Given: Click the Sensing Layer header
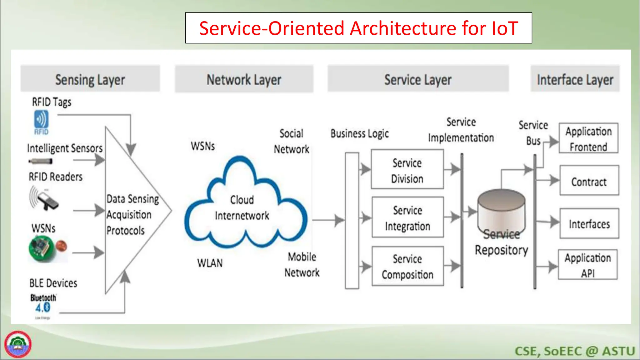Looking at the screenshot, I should pyautogui.click(x=90, y=79).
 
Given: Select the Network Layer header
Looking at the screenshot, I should pyautogui.click(x=244, y=79).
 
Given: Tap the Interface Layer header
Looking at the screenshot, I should pyautogui.click(x=575, y=79).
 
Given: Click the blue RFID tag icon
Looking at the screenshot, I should pyautogui.click(x=41, y=122).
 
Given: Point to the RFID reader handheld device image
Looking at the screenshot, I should pyautogui.click(x=45, y=199).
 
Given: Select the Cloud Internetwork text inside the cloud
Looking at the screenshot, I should pyautogui.click(x=242, y=207).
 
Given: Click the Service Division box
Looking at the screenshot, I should pyautogui.click(x=407, y=170).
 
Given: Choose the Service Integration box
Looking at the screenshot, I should pyautogui.click(x=407, y=218).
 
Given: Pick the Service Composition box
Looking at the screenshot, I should pyautogui.click(x=407, y=266).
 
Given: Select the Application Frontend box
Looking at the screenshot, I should pyautogui.click(x=588, y=139).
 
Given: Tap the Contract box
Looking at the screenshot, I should pyautogui.click(x=589, y=181).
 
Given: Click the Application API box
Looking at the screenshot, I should pyautogui.click(x=587, y=265).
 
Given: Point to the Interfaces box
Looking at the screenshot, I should pyautogui.click(x=589, y=224).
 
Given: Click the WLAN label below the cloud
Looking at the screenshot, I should pyautogui.click(x=210, y=263).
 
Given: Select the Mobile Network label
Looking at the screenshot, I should pyautogui.click(x=302, y=264).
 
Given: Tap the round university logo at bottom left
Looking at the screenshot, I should pyautogui.click(x=18, y=344).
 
